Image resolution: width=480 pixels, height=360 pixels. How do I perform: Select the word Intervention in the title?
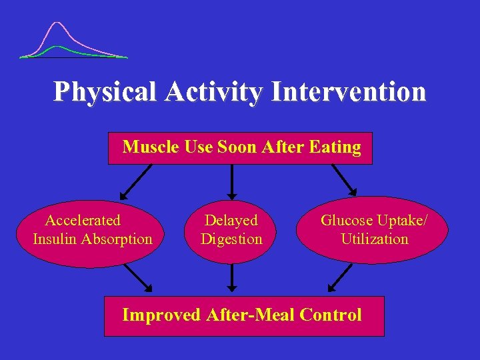348,92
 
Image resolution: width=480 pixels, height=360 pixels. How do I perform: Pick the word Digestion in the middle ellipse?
231,239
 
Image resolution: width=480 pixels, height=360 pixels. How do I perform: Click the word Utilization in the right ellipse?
374,239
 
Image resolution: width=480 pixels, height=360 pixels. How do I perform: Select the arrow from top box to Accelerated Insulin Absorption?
137,181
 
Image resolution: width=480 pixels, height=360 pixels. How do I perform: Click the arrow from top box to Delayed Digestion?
231,181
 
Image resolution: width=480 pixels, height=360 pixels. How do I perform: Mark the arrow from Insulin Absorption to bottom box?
137,278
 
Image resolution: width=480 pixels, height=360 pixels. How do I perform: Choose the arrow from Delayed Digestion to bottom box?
231,279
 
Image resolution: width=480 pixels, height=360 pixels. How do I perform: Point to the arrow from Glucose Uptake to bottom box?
341,278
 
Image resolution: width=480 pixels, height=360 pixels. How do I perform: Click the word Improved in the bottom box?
161,315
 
